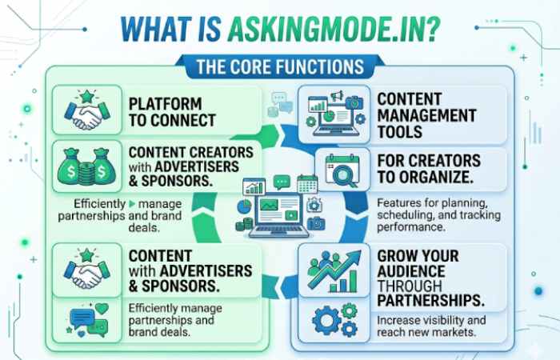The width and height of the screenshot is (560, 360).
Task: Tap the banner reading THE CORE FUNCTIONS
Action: pyautogui.click(x=281, y=66)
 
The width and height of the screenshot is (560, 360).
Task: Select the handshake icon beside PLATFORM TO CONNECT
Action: pyautogui.click(x=85, y=111)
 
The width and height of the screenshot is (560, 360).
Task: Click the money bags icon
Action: pyautogui.click(x=85, y=166)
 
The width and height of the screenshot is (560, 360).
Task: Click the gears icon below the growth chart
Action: pyautogui.click(x=334, y=319)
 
